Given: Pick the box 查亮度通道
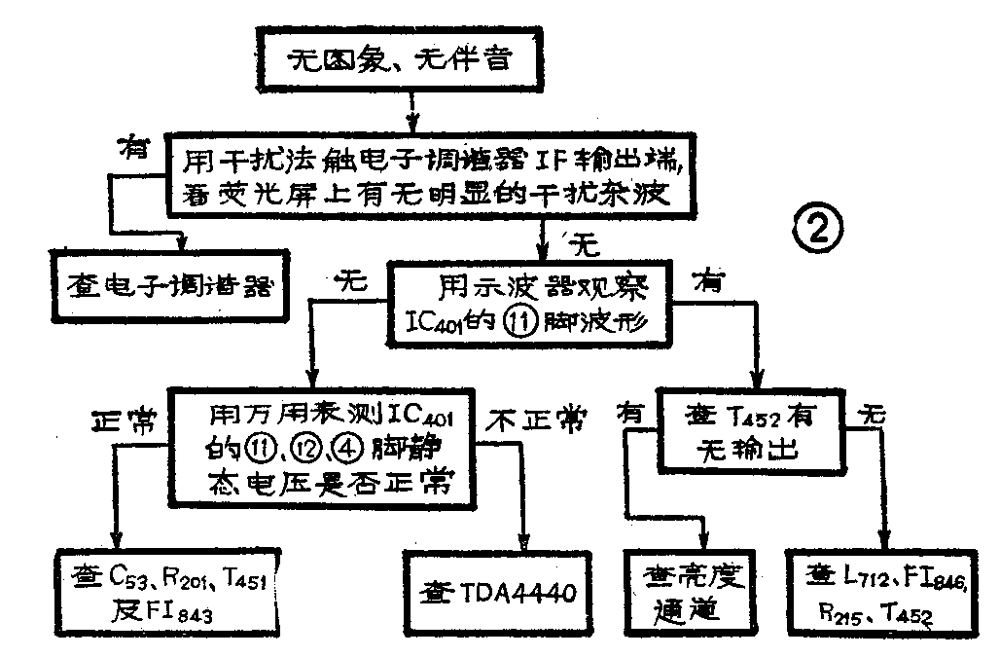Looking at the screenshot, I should tap(689, 591).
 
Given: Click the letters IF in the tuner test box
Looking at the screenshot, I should tap(505, 155).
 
